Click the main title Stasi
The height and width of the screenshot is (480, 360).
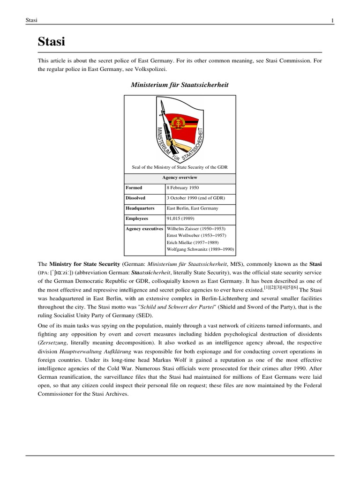click(x=51, y=42)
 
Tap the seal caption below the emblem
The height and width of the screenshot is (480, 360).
click(x=180, y=167)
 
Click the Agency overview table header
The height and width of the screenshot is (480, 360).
click(x=180, y=178)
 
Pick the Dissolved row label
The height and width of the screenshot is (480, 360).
click(x=136, y=198)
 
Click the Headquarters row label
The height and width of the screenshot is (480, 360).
click(x=140, y=208)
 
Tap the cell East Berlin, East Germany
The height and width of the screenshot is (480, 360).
click(x=192, y=208)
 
